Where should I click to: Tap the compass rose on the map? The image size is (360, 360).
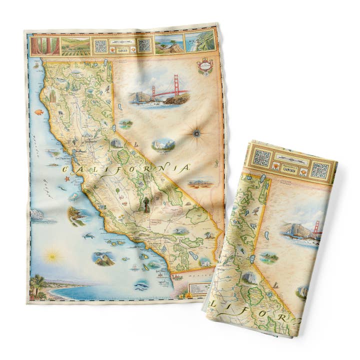pyautogui.click(x=197, y=133)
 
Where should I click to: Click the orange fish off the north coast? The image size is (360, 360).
pyautogui.click(x=39, y=112)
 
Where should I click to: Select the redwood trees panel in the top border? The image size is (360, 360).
pyautogui.click(x=45, y=46)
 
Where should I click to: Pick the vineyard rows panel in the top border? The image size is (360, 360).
pyautogui.click(x=75, y=46)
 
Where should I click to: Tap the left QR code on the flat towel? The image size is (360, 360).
pyautogui.click(x=101, y=46)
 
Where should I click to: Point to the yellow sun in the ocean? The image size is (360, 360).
pyautogui.click(x=51, y=256)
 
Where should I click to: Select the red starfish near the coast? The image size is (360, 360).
pyautogui.click(x=67, y=178)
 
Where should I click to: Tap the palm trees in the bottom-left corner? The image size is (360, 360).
pyautogui.click(x=38, y=285)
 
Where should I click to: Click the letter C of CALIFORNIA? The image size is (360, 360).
pyautogui.click(x=65, y=171)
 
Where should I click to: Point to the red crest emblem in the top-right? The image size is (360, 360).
pyautogui.click(x=205, y=66)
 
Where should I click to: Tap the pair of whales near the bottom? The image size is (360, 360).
pyautogui.click(x=141, y=285)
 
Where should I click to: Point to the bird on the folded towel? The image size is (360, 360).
pyautogui.click(x=256, y=210)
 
